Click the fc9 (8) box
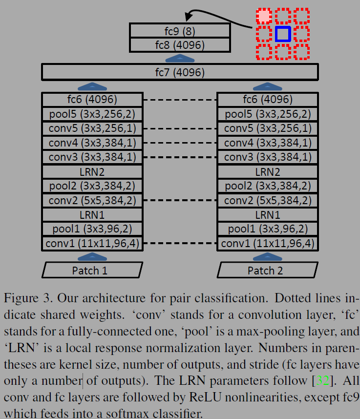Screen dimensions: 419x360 180,31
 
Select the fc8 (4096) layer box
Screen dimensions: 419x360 180,45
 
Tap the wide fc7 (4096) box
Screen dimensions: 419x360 180,72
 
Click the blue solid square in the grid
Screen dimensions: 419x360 283,34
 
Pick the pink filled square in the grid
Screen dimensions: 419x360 264,16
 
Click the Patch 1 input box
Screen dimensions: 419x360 93,270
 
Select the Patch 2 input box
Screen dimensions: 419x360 268,270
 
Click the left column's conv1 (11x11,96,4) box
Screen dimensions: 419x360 93,243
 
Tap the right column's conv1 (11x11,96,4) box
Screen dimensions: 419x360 268,243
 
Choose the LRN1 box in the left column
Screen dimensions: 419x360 93,214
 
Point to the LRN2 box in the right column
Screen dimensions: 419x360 268,171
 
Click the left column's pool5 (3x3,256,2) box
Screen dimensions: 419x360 93,114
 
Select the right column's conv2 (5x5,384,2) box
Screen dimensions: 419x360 268,200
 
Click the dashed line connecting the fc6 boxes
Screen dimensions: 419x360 180,100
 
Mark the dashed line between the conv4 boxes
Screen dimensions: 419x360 180,143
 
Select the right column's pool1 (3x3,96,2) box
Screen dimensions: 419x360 268,229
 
